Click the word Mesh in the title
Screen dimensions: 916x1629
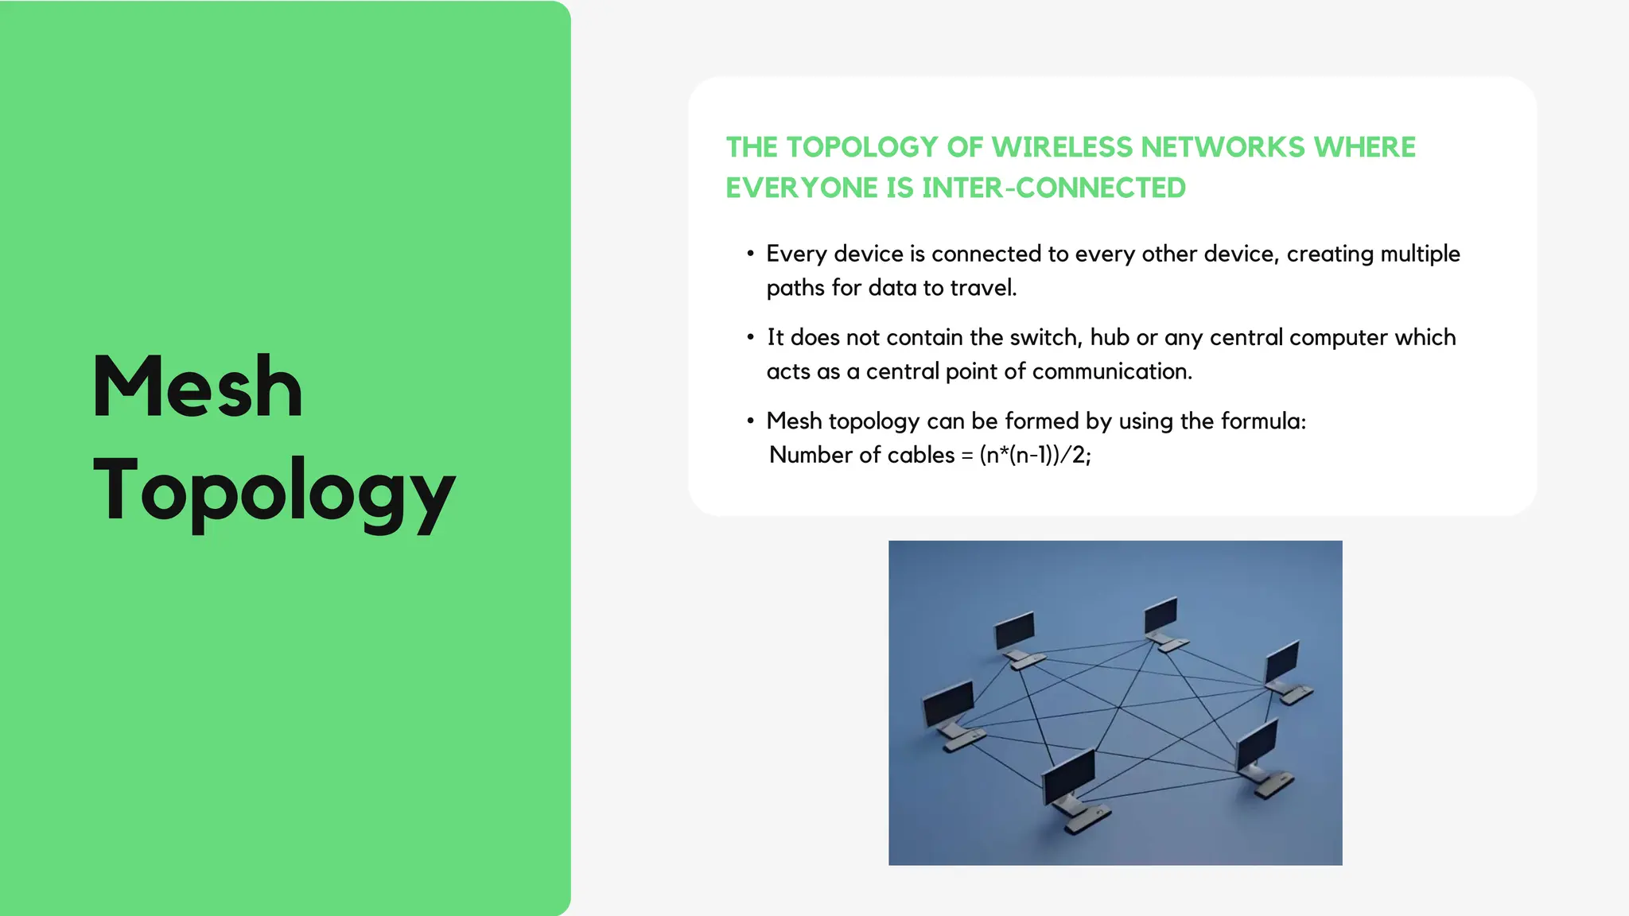(197, 387)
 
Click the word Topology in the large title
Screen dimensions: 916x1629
(274, 491)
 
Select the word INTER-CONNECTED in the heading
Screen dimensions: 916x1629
(1054, 188)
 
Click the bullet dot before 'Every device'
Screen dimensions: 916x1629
(750, 254)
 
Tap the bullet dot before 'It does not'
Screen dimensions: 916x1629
(750, 337)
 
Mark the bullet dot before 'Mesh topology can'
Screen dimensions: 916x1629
(750, 421)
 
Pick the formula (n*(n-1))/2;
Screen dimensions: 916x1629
(1035, 455)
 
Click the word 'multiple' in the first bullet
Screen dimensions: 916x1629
(1420, 254)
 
